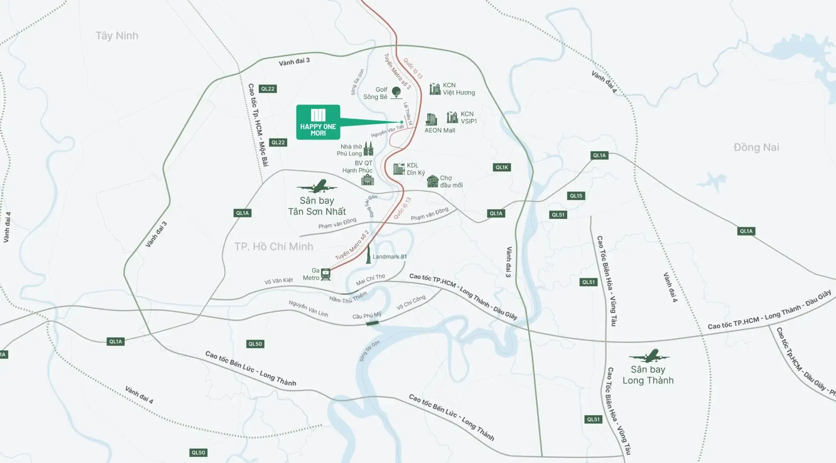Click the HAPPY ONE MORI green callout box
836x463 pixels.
click(x=318, y=122)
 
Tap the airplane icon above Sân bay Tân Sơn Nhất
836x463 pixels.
click(x=317, y=187)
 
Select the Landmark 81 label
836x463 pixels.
click(x=389, y=257)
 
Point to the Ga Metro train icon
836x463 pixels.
click(x=326, y=274)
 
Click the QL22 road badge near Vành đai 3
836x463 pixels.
click(x=268, y=89)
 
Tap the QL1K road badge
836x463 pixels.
click(x=502, y=167)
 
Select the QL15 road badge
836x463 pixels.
click(x=576, y=196)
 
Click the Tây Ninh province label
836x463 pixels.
click(x=117, y=36)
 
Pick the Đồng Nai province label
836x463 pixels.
click(x=756, y=147)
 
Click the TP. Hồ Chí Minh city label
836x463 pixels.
click(x=273, y=247)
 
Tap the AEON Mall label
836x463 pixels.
click(x=440, y=130)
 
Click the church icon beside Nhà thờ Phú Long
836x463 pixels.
click(x=369, y=149)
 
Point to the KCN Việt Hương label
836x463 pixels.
click(x=458, y=89)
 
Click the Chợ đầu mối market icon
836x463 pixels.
click(x=432, y=181)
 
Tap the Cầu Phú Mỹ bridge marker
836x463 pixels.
click(x=372, y=323)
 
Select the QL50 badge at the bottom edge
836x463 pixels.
click(x=198, y=453)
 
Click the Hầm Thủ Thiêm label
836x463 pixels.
click(x=348, y=298)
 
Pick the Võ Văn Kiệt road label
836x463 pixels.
click(x=279, y=281)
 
